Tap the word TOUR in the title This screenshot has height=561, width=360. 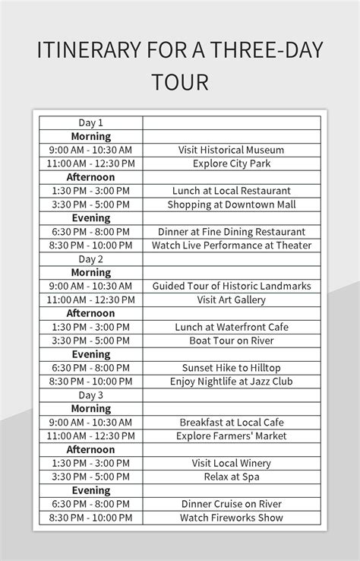[x=180, y=82]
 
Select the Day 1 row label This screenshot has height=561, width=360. [x=90, y=122]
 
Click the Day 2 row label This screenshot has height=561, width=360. [x=90, y=259]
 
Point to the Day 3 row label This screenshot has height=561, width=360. [x=90, y=395]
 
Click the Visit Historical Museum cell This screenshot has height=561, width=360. [x=232, y=150]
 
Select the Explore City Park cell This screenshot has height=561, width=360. [x=232, y=163]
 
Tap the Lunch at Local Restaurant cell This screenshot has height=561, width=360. [x=232, y=191]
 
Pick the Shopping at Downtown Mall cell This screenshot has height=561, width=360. [x=232, y=204]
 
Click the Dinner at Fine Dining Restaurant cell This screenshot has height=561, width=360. [x=232, y=232]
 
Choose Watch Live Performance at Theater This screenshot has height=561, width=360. [x=232, y=246]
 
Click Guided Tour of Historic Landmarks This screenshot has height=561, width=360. [x=232, y=287]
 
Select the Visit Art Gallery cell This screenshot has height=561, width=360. [x=232, y=300]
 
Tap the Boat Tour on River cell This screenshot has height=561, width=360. [x=232, y=341]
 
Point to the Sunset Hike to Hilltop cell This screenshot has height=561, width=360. [x=232, y=368]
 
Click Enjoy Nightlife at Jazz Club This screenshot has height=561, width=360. [x=232, y=382]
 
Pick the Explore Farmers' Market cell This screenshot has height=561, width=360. [x=232, y=436]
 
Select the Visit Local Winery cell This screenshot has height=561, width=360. [x=232, y=463]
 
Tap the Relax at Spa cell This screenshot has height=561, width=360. [x=232, y=477]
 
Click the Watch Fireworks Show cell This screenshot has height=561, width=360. [x=232, y=518]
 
